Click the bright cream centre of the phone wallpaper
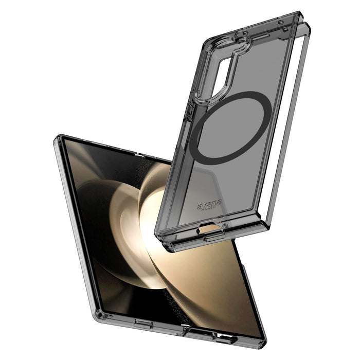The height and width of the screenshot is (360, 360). point(154,216)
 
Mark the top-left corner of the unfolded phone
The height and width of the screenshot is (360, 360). point(56,138)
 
